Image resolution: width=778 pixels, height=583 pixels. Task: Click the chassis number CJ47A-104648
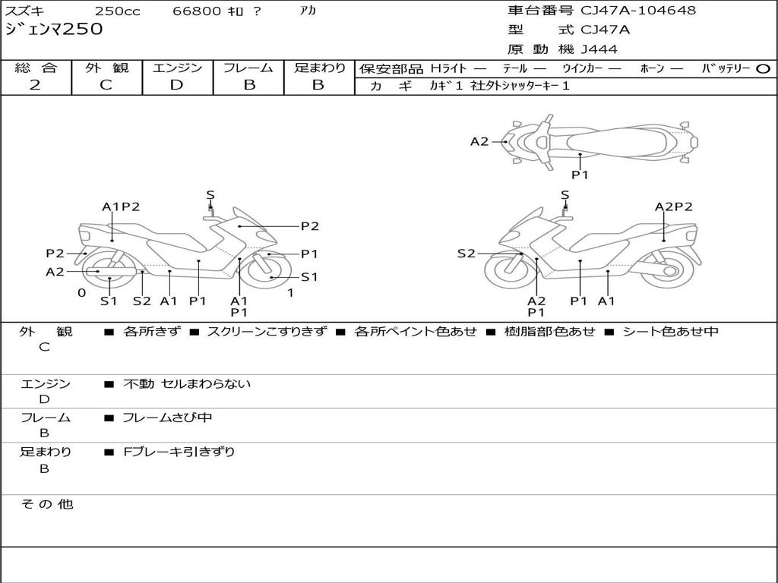coord(638,11)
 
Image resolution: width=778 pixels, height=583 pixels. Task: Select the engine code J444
coord(599,49)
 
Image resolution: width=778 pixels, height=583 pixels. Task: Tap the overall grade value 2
coord(35,85)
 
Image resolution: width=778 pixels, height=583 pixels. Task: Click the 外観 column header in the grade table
coord(106,68)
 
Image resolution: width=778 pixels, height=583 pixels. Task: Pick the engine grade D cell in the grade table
coord(176,85)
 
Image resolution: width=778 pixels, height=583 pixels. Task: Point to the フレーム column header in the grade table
coord(248,68)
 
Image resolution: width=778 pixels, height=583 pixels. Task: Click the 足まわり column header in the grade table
coord(319,68)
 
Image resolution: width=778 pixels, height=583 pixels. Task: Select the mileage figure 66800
coord(197,11)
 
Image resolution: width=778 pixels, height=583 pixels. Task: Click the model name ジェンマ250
coord(54,30)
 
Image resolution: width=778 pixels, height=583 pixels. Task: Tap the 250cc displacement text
coord(117,11)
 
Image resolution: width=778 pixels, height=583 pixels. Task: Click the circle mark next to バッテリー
coord(763,69)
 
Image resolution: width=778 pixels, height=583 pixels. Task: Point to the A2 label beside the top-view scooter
coord(479,141)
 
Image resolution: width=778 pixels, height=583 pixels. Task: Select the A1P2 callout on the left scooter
coord(121,206)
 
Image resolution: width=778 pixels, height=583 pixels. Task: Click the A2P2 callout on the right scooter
coord(673,206)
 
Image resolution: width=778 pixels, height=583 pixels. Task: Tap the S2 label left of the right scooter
coord(466,254)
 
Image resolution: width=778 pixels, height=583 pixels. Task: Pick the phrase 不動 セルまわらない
coord(186,384)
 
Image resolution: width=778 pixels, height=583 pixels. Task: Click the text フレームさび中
coord(167,418)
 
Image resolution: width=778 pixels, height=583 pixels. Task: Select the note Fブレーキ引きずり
coord(179,452)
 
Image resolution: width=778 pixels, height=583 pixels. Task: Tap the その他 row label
coord(46,504)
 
